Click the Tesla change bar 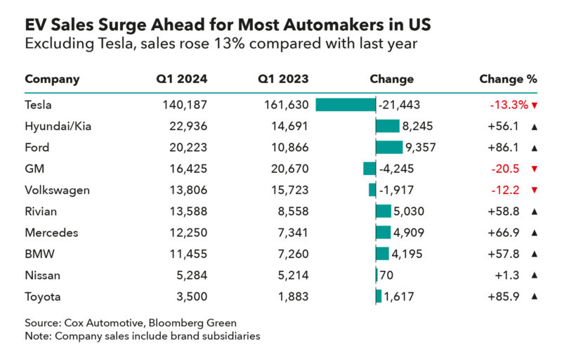point(346,105)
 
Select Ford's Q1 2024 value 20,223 point(188,148)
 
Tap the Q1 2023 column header point(283,79)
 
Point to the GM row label point(34,169)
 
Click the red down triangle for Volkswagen point(535,190)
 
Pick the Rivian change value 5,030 point(409,211)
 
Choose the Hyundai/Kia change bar point(388,127)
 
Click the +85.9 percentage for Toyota point(504,297)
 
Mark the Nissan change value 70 point(386,276)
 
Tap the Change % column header point(508,79)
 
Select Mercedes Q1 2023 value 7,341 point(293,233)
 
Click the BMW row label point(40,254)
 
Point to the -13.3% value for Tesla point(509,105)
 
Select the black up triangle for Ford point(535,148)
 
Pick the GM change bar point(370,169)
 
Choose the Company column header point(52,79)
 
